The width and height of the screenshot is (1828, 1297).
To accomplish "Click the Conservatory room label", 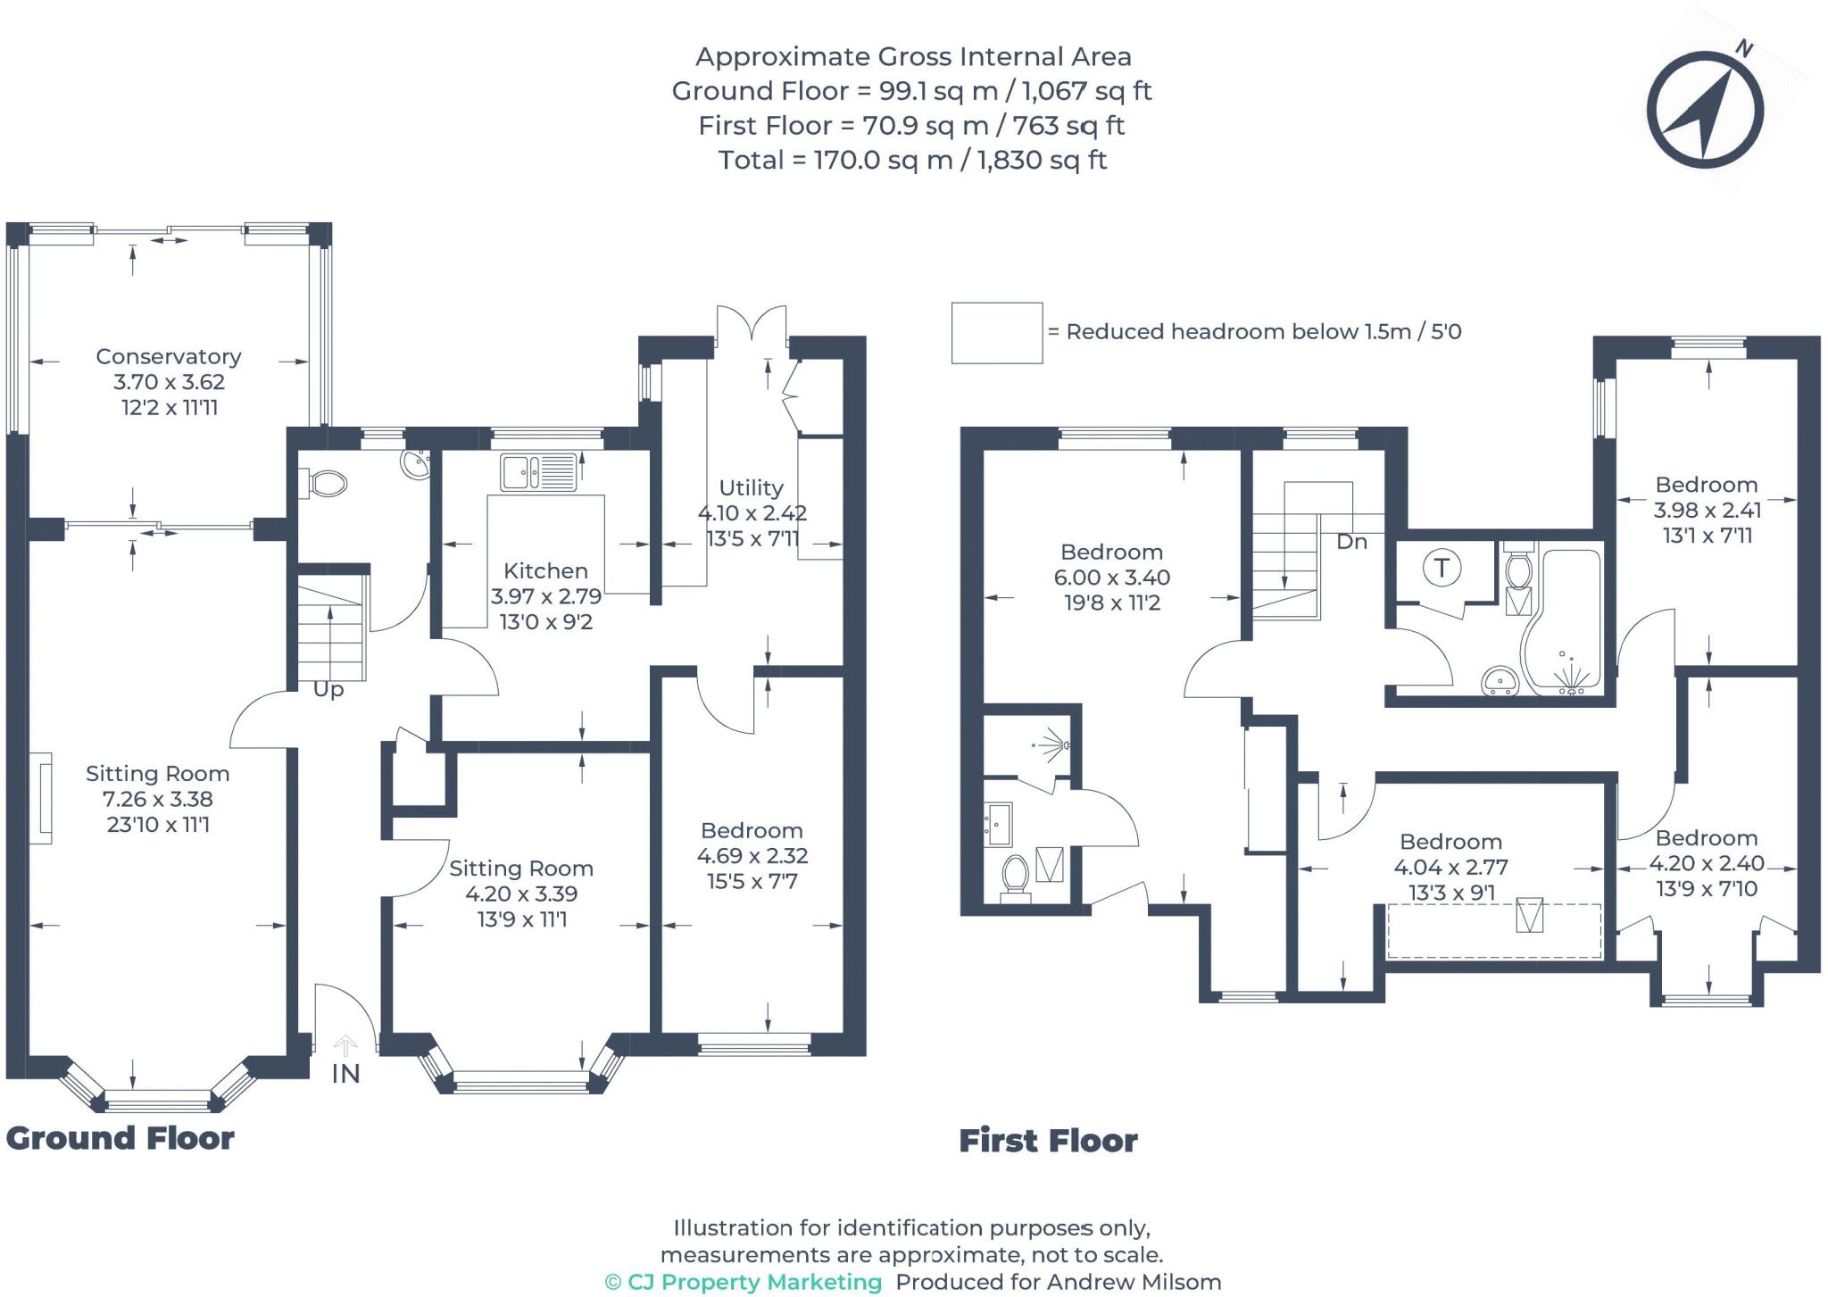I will tap(169, 357).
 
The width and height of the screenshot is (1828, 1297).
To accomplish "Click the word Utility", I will tap(751, 488).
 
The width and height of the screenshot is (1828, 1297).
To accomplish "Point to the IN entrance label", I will tap(345, 1074).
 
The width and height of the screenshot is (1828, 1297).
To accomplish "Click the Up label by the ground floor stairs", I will tap(328, 690).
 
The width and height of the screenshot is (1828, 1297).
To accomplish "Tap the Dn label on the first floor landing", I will tap(1351, 542).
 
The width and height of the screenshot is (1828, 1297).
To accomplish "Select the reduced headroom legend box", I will tap(996, 333).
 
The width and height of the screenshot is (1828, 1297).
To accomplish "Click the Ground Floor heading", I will tap(120, 1138).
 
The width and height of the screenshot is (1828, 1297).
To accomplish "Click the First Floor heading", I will tap(1048, 1141).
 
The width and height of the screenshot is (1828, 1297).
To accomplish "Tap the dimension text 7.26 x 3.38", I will tap(158, 800).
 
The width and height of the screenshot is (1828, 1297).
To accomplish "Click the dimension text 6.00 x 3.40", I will tap(1111, 578).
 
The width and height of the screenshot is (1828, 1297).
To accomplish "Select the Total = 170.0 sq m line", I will tap(912, 161).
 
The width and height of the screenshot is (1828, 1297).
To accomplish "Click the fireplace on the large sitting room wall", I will tap(41, 798).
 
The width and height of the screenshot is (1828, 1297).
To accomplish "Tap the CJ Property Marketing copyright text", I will tap(744, 1282).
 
